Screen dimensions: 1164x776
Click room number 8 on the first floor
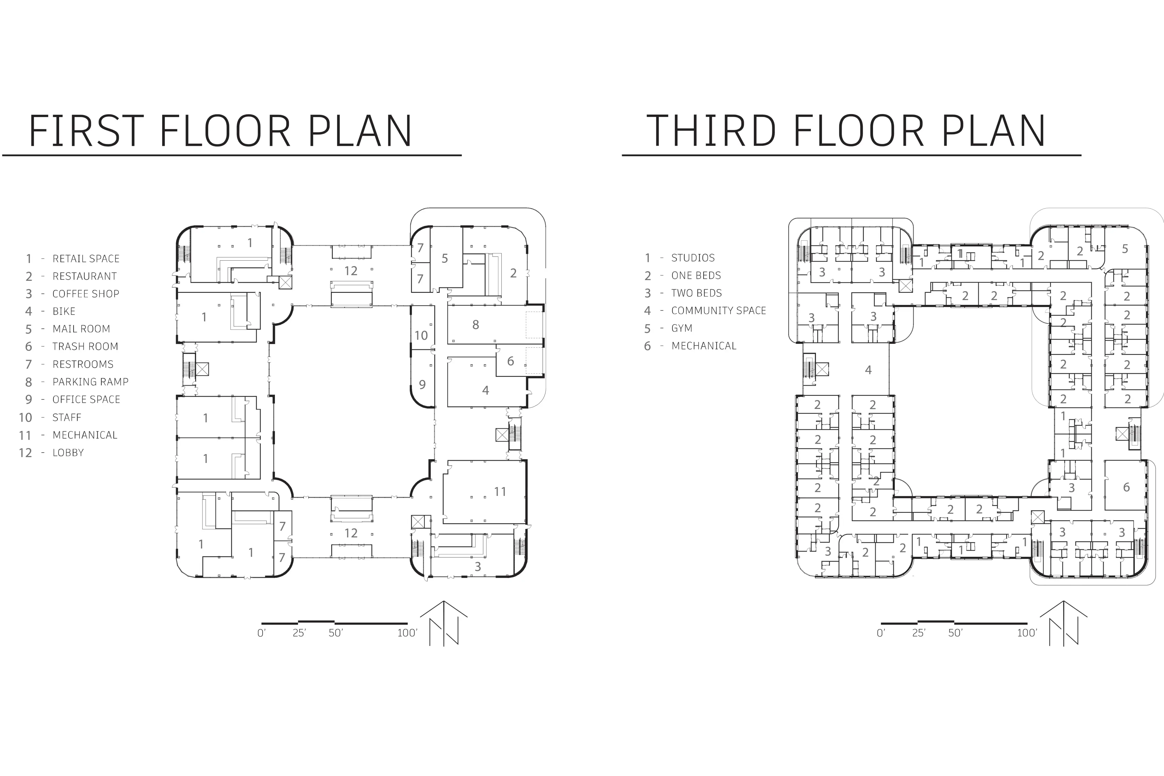tap(476, 325)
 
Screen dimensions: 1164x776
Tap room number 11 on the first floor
tap(500, 491)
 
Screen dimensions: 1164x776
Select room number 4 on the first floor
tap(486, 390)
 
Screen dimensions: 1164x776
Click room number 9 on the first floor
tap(422, 385)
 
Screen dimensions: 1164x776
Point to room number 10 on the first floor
tap(421, 336)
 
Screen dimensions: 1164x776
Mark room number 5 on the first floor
tap(444, 258)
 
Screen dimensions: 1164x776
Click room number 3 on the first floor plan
tap(478, 567)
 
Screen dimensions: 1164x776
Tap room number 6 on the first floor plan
tap(510, 361)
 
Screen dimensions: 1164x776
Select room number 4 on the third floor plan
tap(868, 370)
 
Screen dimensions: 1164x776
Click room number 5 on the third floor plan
tap(1125, 249)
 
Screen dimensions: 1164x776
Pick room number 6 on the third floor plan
tap(1126, 487)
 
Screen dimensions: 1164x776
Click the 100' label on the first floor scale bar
tap(407, 633)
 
